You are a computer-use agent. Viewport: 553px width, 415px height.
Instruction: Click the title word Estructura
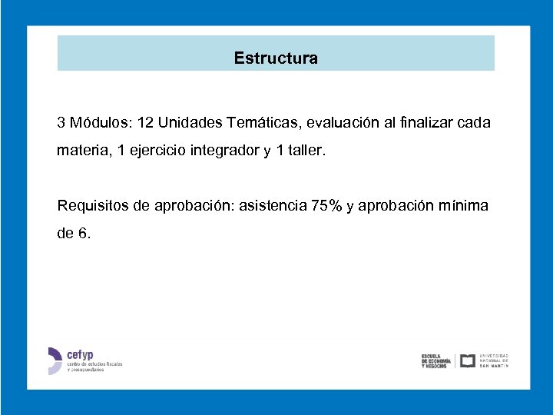[276, 58]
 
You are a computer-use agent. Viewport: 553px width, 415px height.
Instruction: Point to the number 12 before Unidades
[145, 123]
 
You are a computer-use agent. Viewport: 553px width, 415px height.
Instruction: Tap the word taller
[306, 152]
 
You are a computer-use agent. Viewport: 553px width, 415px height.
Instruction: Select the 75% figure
[326, 205]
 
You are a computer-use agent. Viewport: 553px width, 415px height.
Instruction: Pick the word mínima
[463, 205]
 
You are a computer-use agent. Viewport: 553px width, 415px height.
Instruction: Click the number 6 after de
[84, 234]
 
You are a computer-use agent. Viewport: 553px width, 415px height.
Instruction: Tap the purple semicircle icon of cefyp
[55, 360]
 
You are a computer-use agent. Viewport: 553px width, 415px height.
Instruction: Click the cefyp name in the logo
[80, 354]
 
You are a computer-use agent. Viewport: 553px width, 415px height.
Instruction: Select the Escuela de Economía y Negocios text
[435, 361]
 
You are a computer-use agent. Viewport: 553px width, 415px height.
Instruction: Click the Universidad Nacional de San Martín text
[494, 360]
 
